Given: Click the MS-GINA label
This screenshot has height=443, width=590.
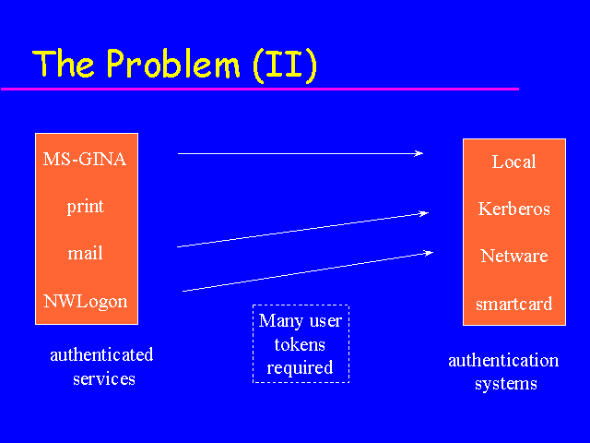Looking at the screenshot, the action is pos(85,159).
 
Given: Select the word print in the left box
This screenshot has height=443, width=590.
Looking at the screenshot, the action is pos(86,207).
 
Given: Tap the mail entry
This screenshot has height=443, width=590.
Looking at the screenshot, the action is pos(85,253).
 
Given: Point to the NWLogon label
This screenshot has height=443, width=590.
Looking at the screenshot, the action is pos(86,302).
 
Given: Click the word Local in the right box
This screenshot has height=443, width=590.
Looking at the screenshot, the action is pos(514,162).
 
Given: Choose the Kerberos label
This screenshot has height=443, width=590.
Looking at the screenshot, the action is pos(514,209).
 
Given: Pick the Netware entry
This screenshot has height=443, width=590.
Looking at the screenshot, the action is pos(514,256).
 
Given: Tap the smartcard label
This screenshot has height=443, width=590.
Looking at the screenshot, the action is pos(514,304).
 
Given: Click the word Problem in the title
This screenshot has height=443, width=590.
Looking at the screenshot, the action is pos(173,64).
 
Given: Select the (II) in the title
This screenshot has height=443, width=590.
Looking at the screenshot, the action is pos(285,65).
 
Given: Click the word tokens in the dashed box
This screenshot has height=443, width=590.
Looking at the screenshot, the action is pos(300,344).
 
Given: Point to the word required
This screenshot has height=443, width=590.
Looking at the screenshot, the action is pos(300,368).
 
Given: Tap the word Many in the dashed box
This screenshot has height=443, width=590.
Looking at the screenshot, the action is pos(280,321).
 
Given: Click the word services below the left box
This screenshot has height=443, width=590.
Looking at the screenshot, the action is pos(104,379).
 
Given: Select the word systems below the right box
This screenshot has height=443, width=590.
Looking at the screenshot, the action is pos(506,384).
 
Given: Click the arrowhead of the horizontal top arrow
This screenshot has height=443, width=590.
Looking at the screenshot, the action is pos(419,153).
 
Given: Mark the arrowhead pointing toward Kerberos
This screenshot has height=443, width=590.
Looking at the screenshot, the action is pos(424,213).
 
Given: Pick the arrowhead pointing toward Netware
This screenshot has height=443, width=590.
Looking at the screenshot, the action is pos(429,253).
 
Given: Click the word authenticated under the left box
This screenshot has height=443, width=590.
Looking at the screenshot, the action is pos(101,354).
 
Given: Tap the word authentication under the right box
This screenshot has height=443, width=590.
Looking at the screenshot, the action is pos(503,361).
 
